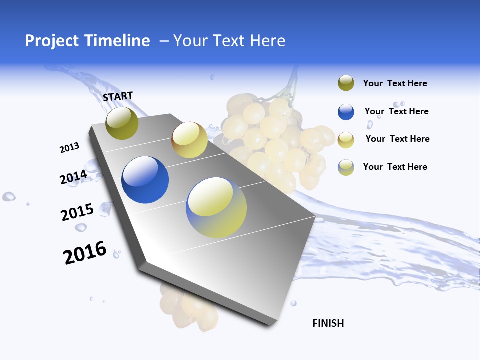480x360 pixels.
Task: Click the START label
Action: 118,96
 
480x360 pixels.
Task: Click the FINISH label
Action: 328,323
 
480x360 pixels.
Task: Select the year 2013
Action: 69,148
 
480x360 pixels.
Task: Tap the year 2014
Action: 73,177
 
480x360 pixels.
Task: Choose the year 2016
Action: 85,252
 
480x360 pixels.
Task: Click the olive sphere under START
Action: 122,123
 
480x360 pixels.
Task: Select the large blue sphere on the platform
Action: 145,180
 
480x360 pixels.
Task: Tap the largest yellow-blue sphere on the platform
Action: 216,207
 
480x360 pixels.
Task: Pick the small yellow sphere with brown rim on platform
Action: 189,140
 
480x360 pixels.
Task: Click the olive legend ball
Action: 346,83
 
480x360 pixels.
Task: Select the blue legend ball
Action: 346,112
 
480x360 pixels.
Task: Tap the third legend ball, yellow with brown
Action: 346,139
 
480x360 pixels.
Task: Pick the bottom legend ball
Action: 346,167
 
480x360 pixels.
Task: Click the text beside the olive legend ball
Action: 395,83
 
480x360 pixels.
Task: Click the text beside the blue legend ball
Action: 396,111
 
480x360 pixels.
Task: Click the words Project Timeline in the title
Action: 87,41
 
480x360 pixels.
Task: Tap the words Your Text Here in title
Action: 229,41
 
